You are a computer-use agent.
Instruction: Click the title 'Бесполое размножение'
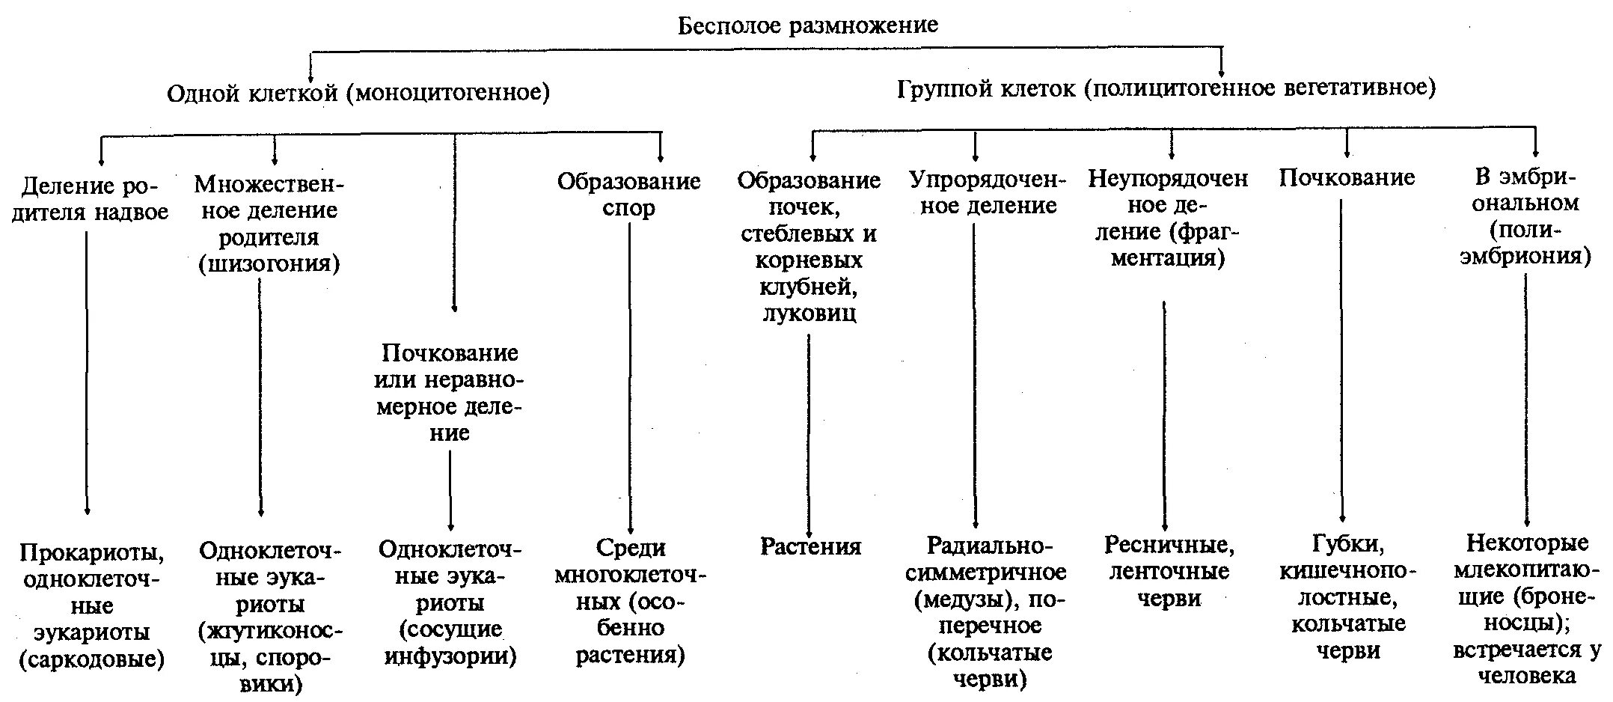click(x=807, y=25)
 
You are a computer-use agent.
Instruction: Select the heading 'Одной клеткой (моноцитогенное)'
click(x=358, y=93)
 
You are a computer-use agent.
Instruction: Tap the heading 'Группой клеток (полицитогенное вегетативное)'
click(x=1166, y=88)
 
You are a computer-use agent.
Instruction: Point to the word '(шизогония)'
click(x=269, y=263)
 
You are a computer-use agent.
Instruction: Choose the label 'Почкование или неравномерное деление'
click(x=450, y=392)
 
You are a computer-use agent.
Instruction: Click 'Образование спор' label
click(x=628, y=194)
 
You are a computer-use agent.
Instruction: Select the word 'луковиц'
click(x=809, y=313)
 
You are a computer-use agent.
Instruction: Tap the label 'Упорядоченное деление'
click(x=988, y=192)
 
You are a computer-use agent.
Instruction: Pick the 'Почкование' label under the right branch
click(x=1347, y=177)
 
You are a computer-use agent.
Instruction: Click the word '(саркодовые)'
click(x=92, y=659)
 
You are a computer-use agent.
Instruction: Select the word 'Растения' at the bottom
click(x=810, y=546)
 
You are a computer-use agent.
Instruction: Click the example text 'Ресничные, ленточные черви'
click(x=1169, y=571)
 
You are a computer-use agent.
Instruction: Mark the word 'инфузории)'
click(x=450, y=656)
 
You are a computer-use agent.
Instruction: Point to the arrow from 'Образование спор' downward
click(x=630, y=374)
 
